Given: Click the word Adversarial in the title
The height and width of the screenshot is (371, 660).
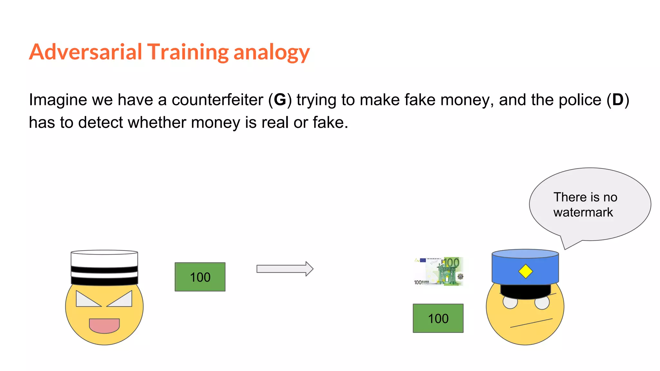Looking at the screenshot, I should click(x=86, y=52).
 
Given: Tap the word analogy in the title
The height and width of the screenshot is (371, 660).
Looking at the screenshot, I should click(x=271, y=52).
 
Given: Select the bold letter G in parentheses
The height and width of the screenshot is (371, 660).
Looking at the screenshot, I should click(x=280, y=100).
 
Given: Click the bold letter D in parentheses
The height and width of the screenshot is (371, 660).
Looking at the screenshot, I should click(x=618, y=100).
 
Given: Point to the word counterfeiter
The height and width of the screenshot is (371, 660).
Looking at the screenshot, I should click(x=217, y=100).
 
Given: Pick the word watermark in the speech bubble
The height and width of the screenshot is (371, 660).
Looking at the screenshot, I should click(x=583, y=212).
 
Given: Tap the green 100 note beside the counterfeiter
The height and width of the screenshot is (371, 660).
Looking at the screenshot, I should click(x=200, y=277).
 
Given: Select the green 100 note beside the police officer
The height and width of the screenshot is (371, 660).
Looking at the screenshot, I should click(x=438, y=318).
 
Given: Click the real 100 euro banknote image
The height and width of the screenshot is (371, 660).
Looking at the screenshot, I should click(x=439, y=271).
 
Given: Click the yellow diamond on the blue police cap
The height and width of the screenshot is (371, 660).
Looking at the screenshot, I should click(x=525, y=271).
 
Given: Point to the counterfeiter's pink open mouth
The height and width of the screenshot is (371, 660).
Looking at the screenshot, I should click(x=104, y=325).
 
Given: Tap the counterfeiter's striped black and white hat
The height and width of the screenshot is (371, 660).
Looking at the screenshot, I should click(x=104, y=268).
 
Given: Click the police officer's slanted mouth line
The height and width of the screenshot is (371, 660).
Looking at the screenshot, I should click(x=531, y=323).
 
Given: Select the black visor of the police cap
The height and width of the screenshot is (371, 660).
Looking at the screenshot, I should click(x=525, y=291).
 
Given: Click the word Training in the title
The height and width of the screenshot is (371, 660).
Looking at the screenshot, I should click(x=188, y=52).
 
